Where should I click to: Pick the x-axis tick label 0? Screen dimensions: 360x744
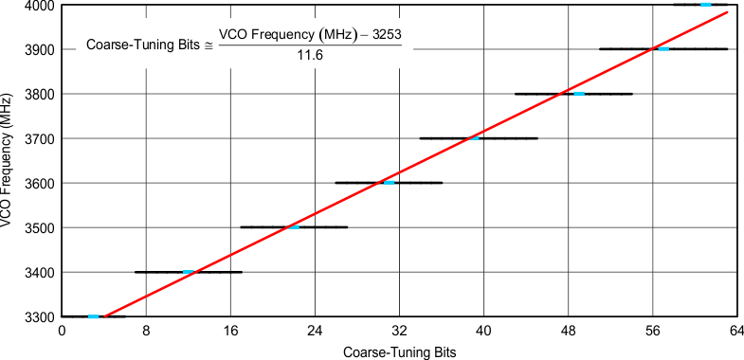(63, 332)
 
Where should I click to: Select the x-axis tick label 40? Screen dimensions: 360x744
(483, 332)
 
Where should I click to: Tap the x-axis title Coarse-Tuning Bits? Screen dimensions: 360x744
(399, 351)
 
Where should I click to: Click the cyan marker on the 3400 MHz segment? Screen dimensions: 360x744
(189, 272)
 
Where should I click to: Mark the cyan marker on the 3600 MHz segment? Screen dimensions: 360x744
(389, 182)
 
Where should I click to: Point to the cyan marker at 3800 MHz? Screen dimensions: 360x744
(579, 94)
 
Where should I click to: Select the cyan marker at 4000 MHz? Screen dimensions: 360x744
(705, 5)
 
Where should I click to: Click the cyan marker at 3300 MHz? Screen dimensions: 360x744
(93, 316)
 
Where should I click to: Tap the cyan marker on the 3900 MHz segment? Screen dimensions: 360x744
(663, 48)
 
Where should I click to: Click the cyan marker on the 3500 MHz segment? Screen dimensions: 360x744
(295, 227)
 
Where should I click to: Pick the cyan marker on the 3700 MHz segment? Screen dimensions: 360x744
(474, 138)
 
